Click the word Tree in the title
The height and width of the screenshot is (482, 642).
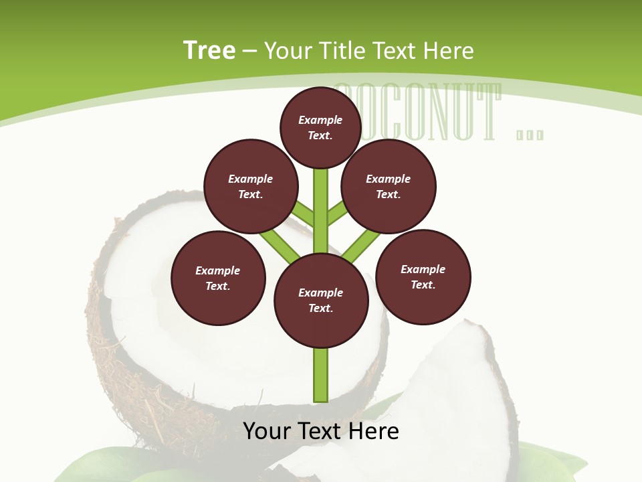click(209, 50)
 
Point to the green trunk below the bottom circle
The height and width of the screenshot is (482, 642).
click(321, 375)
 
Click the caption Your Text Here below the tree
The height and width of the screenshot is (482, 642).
click(321, 431)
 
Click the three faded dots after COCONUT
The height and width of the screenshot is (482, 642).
click(530, 135)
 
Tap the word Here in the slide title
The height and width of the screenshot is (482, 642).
click(449, 51)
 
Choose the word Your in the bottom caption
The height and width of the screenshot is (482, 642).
click(266, 431)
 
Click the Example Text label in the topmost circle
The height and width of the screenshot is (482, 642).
click(320, 127)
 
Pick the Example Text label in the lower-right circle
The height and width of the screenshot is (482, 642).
click(423, 276)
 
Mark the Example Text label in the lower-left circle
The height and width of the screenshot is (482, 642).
click(217, 278)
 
